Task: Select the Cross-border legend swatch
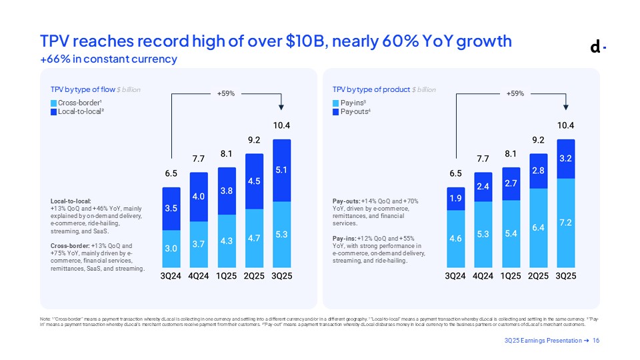[x=54, y=103]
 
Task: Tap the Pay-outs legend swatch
[x=336, y=112]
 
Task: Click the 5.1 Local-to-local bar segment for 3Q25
[x=282, y=170]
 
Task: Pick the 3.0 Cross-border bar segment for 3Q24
[x=171, y=249]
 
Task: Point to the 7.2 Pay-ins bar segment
[x=565, y=221]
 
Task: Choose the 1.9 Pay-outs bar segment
[x=456, y=199]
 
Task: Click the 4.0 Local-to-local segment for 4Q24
[x=199, y=197]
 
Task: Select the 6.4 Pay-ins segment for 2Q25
[x=538, y=227]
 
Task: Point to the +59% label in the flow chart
[x=226, y=94]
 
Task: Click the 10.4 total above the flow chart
[x=282, y=125]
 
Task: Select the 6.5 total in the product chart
[x=456, y=173]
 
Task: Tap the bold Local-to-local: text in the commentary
[x=71, y=200]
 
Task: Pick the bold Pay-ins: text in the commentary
[x=347, y=238]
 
